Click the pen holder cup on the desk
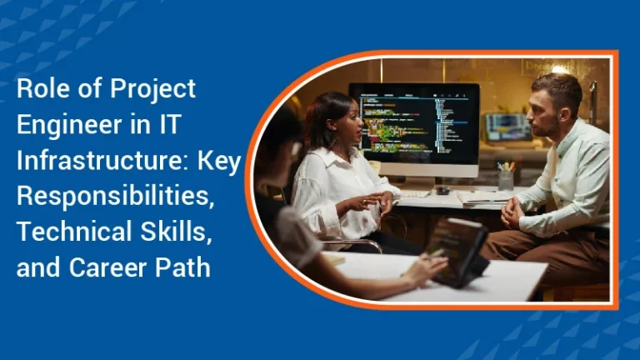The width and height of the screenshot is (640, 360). coord(505,179)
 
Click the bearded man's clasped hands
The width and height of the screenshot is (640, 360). coord(514,212)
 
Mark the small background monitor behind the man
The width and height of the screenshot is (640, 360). coord(506,127)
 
